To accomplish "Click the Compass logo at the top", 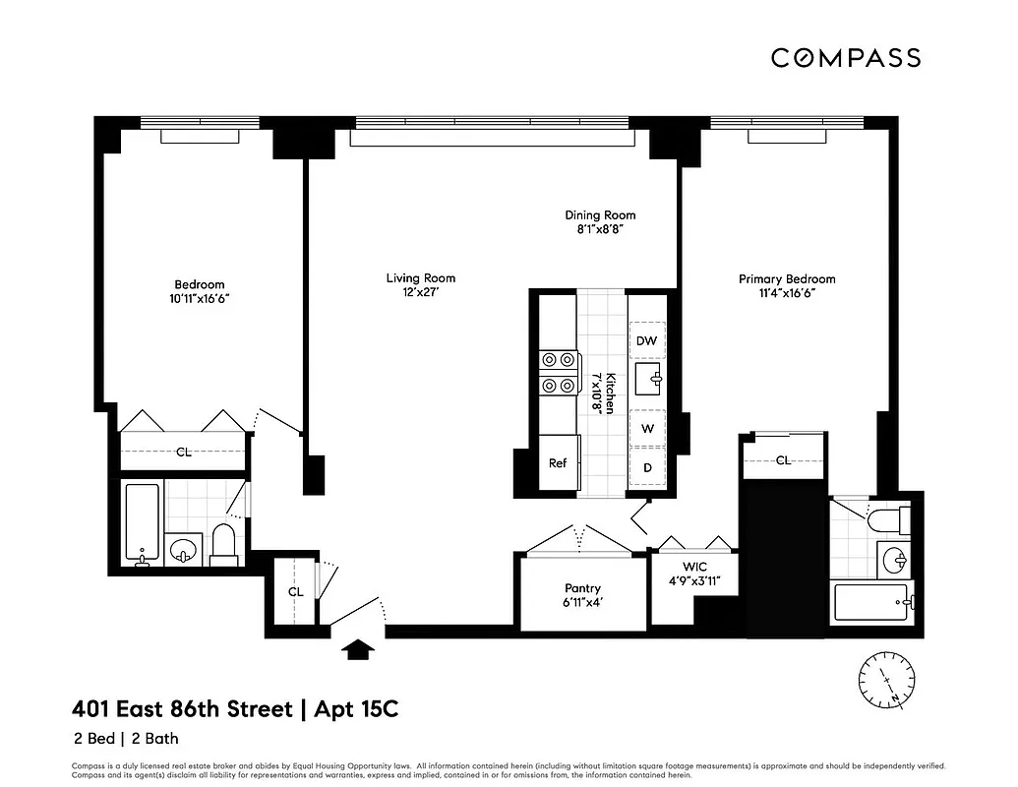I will tap(845, 58).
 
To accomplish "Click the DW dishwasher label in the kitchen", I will tap(646, 340).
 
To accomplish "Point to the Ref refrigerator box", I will tap(558, 463).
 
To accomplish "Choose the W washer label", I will tap(647, 428).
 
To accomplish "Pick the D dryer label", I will tap(647, 467).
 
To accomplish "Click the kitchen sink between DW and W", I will tap(648, 378).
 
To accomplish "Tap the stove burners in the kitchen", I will tap(558, 373).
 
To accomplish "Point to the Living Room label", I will tap(421, 278).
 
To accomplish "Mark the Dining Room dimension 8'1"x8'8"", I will tap(600, 228).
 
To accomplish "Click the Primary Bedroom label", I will tap(787, 279).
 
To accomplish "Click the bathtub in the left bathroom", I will tap(142, 523).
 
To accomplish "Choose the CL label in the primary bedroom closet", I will tap(784, 459).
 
